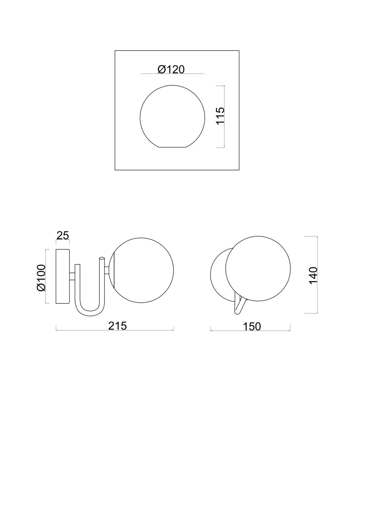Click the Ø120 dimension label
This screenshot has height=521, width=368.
(x=171, y=69)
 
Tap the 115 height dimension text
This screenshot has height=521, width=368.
(x=220, y=116)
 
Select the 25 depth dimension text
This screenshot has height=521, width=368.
(x=63, y=235)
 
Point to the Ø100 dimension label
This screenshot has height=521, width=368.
(x=41, y=278)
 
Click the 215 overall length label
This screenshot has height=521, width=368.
(x=117, y=326)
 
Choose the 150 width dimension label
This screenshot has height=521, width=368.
(x=252, y=327)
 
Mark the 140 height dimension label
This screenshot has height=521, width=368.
(x=313, y=276)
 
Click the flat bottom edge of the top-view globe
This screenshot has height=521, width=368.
(x=172, y=147)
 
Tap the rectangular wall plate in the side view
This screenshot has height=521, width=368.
(x=63, y=276)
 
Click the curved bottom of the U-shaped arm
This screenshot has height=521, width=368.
(x=90, y=313)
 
